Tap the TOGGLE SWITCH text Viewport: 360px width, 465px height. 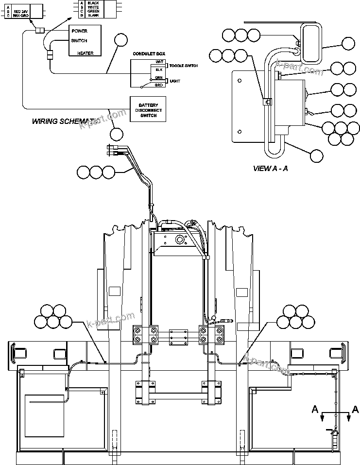[x=183, y=66]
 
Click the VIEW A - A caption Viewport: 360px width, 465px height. [x=270, y=169]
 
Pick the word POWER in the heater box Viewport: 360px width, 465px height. [x=79, y=31]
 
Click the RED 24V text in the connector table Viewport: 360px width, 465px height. [x=23, y=10]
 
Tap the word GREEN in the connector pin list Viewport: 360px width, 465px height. [x=93, y=11]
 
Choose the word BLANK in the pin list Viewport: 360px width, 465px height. [x=93, y=16]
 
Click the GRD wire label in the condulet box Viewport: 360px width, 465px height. [x=158, y=85]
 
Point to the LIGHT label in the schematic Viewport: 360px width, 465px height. [x=175, y=81]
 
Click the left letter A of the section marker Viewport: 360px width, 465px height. [x=314, y=410]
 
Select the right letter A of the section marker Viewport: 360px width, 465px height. [x=355, y=410]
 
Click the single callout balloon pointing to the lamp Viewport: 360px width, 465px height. [x=348, y=44]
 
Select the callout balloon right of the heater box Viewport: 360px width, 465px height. [x=121, y=40]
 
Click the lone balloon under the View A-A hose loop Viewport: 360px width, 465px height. [x=316, y=156]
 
